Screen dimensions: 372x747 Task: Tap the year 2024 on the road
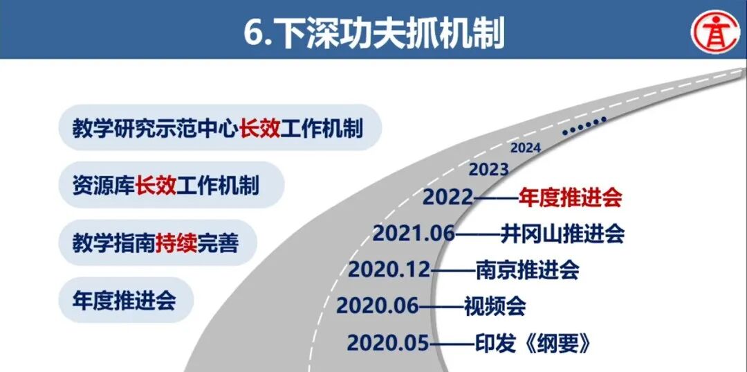click(x=525, y=148)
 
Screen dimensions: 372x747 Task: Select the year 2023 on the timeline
click(x=488, y=170)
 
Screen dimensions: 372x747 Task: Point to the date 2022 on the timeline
click(x=448, y=198)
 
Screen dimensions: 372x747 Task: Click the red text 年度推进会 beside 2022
click(x=571, y=198)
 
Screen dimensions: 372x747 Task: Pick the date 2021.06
click(x=414, y=233)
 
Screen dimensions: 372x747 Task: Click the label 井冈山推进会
click(x=562, y=233)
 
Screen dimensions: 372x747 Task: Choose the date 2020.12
click(x=389, y=269)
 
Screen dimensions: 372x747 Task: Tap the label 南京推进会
click(x=527, y=269)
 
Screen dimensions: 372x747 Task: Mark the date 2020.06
click(x=378, y=305)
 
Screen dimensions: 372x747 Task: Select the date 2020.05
click(x=388, y=342)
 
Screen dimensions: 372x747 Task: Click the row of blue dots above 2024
click(x=584, y=125)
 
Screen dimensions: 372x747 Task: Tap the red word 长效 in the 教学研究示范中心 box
click(x=260, y=128)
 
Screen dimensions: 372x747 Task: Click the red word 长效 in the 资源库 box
click(x=156, y=186)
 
